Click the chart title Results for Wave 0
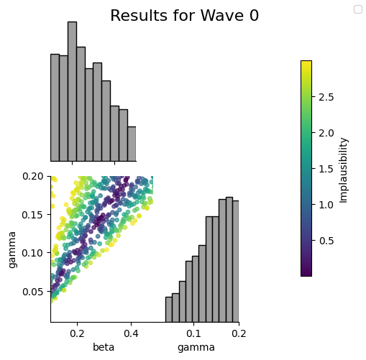pos(184,16)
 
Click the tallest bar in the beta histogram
pos(72,91)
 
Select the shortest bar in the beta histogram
pos(132,144)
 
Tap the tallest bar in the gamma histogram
pos(229,259)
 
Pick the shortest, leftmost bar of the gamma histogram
pos(169,310)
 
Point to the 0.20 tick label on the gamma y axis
pos(33,176)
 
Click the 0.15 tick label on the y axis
pos(33,215)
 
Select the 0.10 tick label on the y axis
pos(33,253)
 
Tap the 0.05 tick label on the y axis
pos(33,292)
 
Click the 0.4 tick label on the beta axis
pos(131,333)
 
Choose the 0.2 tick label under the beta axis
pos(77,333)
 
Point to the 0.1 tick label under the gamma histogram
pos(193,333)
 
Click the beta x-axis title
pos(104,347)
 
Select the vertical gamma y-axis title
pos(12,250)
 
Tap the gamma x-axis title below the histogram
pos(196,348)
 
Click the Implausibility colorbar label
pos(344,170)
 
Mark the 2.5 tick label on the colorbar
pos(326,97)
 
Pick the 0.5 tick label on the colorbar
pos(326,241)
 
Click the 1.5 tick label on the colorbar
pos(326,169)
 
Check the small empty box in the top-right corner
pos(358,9)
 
